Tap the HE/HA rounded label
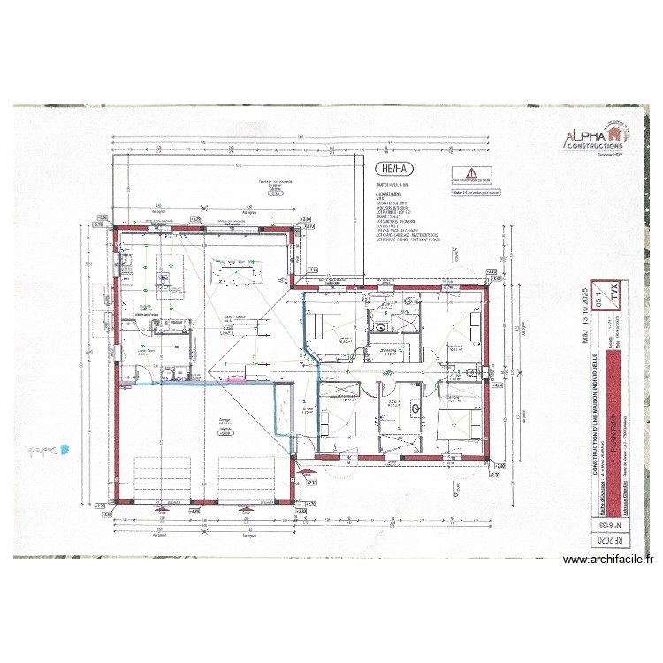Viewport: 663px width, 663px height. pos(393,170)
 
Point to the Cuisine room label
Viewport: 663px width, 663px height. pos(145,307)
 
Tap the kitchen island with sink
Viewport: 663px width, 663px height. pos(165,270)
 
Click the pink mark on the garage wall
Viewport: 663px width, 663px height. pos(234,377)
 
